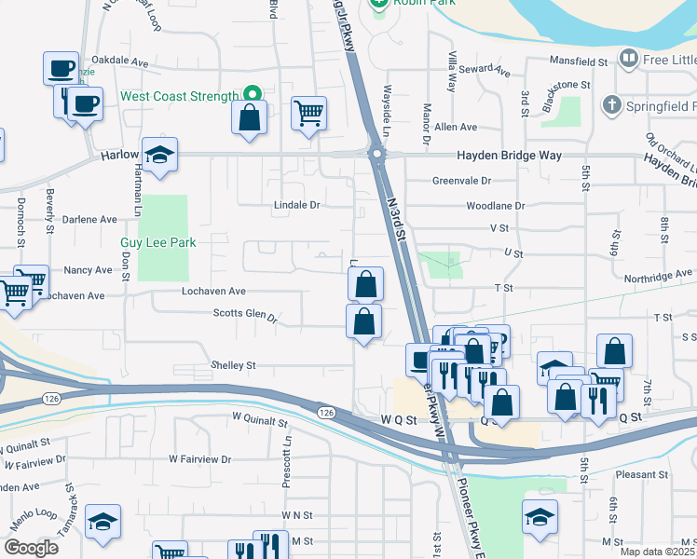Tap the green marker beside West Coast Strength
[x=251, y=95]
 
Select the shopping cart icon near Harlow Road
[x=308, y=115]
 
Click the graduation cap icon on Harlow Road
[x=159, y=156]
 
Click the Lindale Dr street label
[x=296, y=205]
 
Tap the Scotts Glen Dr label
[x=246, y=315]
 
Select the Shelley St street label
[x=233, y=366]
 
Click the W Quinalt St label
[x=258, y=422]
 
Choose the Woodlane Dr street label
[x=494, y=205]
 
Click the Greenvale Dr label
[x=460, y=181]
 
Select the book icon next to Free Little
[x=630, y=61]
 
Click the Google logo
[x=32, y=548]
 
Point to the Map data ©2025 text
[x=657, y=552]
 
